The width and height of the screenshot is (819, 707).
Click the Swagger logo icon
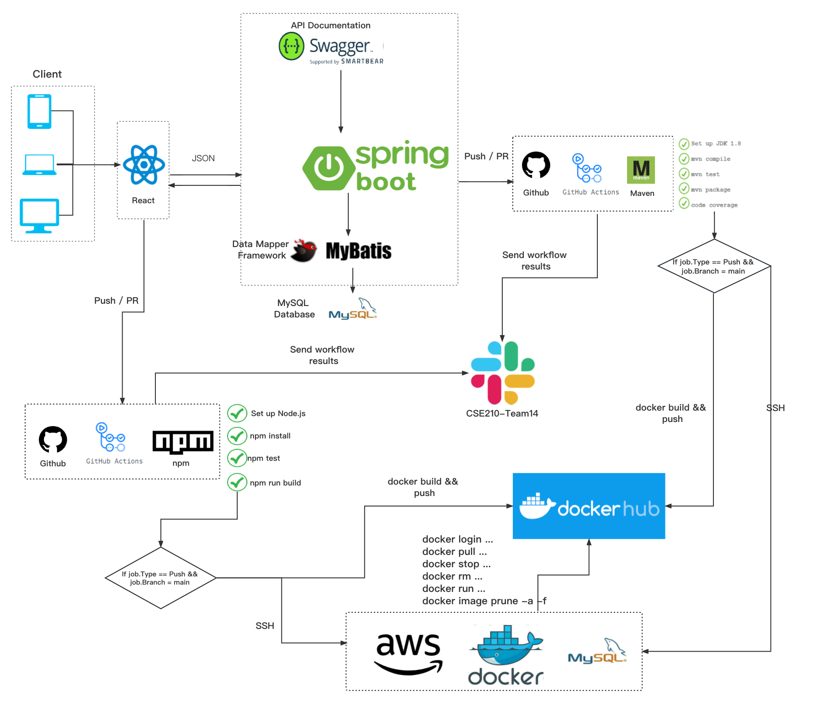[292, 46]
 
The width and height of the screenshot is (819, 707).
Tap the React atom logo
[144, 165]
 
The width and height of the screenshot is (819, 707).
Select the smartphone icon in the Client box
[39, 111]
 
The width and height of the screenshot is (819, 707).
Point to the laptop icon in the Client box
[39, 164]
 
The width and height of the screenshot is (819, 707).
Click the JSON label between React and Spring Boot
[203, 158]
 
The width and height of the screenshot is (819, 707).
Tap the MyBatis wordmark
[358, 251]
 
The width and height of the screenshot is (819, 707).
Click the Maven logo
[641, 170]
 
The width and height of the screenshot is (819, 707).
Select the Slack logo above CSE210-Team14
[503, 373]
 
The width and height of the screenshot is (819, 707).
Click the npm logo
[183, 442]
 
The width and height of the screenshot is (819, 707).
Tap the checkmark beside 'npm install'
[237, 436]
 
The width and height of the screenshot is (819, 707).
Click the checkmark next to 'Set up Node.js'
[237, 413]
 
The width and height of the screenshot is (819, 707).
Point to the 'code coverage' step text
[714, 205]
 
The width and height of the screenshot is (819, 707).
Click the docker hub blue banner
[589, 506]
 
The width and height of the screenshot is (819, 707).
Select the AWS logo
[408, 653]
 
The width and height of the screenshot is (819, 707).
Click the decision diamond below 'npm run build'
[160, 578]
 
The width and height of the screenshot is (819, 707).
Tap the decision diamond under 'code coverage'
[714, 266]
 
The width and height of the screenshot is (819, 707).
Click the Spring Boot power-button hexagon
[328, 168]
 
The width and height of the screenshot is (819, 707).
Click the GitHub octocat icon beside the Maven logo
[536, 165]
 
